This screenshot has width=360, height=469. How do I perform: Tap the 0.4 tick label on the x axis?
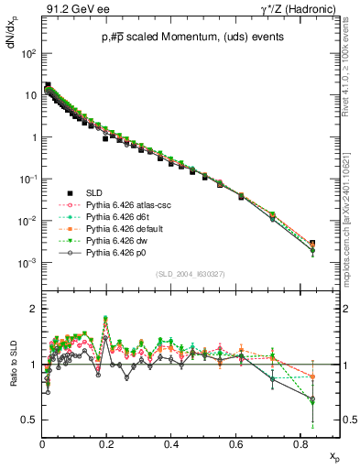171,443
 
